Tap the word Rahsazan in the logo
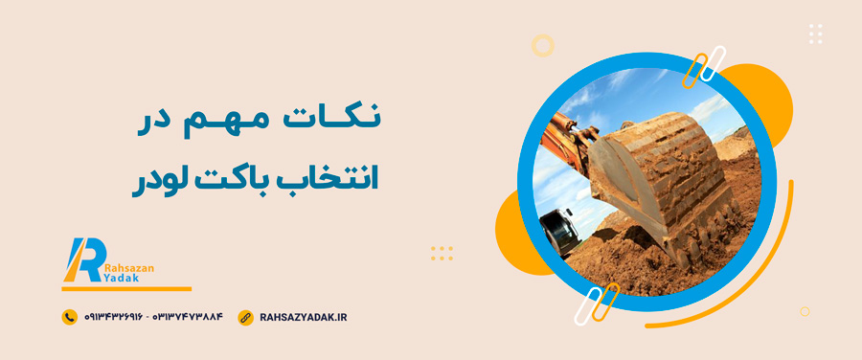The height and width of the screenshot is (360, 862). [x=128, y=268]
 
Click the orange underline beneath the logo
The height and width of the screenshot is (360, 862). [x=126, y=288]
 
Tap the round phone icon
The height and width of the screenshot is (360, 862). [x=69, y=317]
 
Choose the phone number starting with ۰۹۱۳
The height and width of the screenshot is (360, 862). [x=113, y=317]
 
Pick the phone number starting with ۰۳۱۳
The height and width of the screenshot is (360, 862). [x=187, y=317]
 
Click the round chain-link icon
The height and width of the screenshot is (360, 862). [x=245, y=317]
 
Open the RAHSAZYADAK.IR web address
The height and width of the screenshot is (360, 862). [x=303, y=317]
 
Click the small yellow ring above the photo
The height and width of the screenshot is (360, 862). [x=543, y=45]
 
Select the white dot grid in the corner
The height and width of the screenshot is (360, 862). [x=816, y=34]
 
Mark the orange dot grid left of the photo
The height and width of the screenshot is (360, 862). [x=442, y=254]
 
